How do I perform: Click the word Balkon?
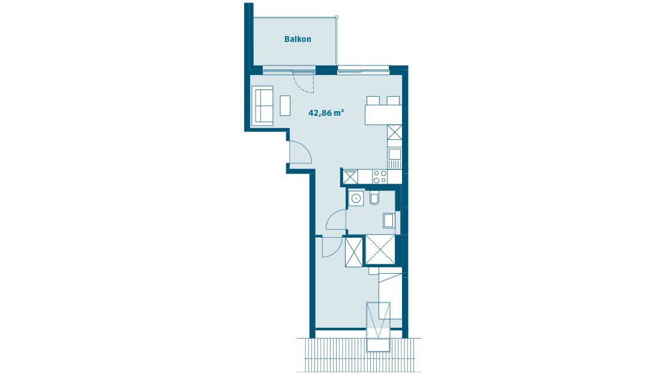[298, 40]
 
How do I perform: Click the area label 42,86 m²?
[326, 112]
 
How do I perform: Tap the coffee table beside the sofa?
[285, 106]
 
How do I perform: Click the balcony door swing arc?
[304, 83]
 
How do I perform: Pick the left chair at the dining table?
[373, 100]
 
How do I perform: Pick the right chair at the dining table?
[394, 100]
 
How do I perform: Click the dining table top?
[383, 114]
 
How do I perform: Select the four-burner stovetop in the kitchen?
[380, 176]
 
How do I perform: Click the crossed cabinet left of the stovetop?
[350, 176]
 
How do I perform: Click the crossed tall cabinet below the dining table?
[394, 132]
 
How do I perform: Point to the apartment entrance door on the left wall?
[300, 152]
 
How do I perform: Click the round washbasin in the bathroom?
[356, 198]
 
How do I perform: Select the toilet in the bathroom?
[375, 198]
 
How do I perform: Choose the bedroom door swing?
[331, 247]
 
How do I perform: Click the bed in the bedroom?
[390, 295]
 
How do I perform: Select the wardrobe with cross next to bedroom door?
[354, 252]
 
